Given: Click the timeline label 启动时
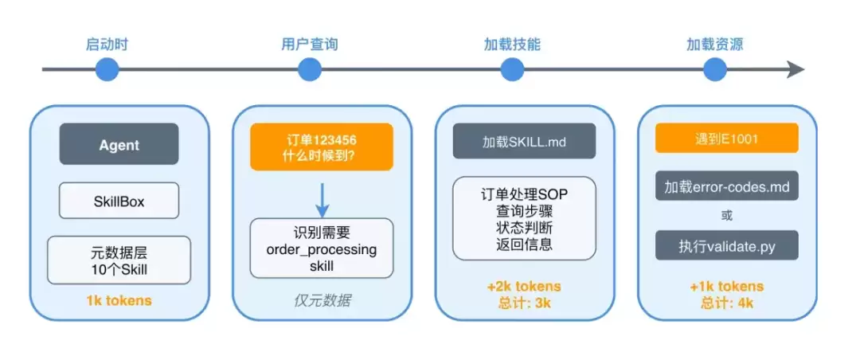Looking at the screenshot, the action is [107, 45].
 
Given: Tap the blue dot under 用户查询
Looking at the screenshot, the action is [310, 70].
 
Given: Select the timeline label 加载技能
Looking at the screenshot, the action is [512, 45].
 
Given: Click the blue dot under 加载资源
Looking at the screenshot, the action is [715, 70].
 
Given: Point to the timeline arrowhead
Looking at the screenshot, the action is [796, 70].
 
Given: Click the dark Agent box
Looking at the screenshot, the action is [119, 144].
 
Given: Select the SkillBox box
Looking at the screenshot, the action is [119, 202].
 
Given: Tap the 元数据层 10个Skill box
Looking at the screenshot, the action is [119, 260].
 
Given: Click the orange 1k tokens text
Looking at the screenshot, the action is [119, 301].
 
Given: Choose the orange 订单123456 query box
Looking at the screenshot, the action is [322, 147].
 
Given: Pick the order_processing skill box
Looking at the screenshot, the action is [322, 248].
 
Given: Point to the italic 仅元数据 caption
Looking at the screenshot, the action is [322, 301].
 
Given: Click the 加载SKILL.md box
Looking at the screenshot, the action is [524, 142].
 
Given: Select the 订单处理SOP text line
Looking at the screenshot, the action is [524, 194].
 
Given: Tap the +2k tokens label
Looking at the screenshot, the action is [524, 286].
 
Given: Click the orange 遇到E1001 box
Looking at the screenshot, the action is [727, 139].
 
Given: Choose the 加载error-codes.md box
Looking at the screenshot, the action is [727, 187].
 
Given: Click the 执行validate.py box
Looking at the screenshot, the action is [727, 246].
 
